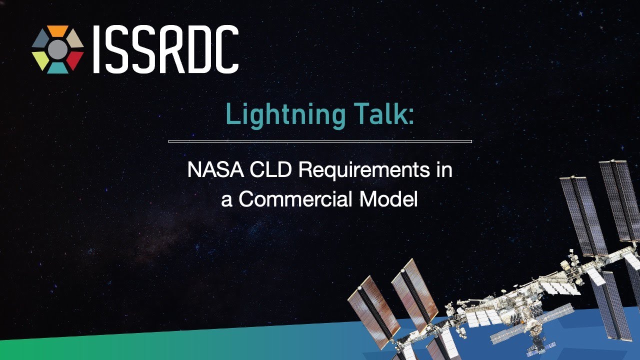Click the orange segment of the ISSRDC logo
(x=57, y=30)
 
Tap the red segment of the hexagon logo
(x=75, y=60)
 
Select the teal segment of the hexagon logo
(x=57, y=68)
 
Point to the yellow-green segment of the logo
(x=40, y=60)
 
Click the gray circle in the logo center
(x=57, y=49)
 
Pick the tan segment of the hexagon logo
(x=75, y=39)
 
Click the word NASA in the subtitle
(x=215, y=169)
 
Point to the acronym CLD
(x=270, y=169)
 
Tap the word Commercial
(x=295, y=199)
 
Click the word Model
(x=388, y=199)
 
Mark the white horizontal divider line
(x=320, y=141)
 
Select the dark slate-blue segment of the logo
(x=40, y=39)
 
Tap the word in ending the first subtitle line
(x=444, y=169)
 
